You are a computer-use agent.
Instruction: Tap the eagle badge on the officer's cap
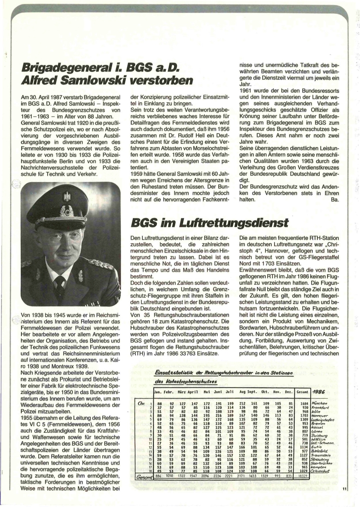(67, 196)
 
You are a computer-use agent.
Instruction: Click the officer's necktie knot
(59, 280)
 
